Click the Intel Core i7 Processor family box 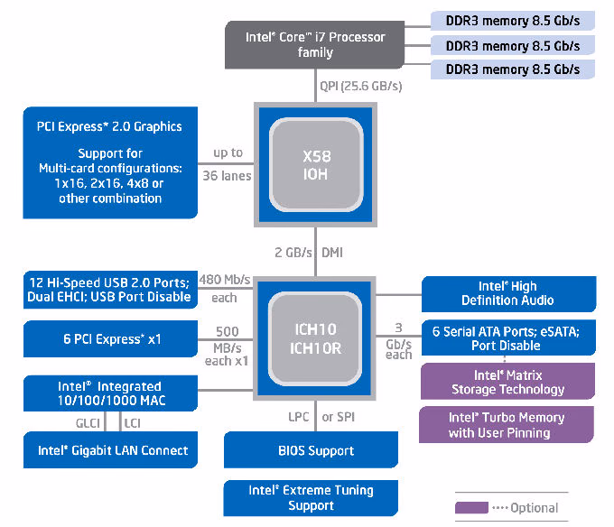[x=314, y=44]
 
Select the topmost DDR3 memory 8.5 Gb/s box [x=513, y=21]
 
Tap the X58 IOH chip [x=316, y=165]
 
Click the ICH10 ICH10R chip [x=315, y=338]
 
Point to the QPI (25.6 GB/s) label [x=360, y=86]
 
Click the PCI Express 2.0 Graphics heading [x=109, y=126]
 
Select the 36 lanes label [x=227, y=176]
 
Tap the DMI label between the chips [x=332, y=253]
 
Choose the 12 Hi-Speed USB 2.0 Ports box [x=110, y=290]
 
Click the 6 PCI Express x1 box [x=110, y=338]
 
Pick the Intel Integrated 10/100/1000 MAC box [x=110, y=393]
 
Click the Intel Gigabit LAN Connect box [x=110, y=450]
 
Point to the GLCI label [x=88, y=423]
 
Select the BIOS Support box [x=311, y=450]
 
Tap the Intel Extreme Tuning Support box [x=311, y=498]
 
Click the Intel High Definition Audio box [x=508, y=294]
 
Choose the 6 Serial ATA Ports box [x=508, y=337]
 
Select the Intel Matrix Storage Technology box [x=507, y=382]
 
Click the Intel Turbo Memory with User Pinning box [x=507, y=424]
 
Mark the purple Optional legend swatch [x=471, y=507]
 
